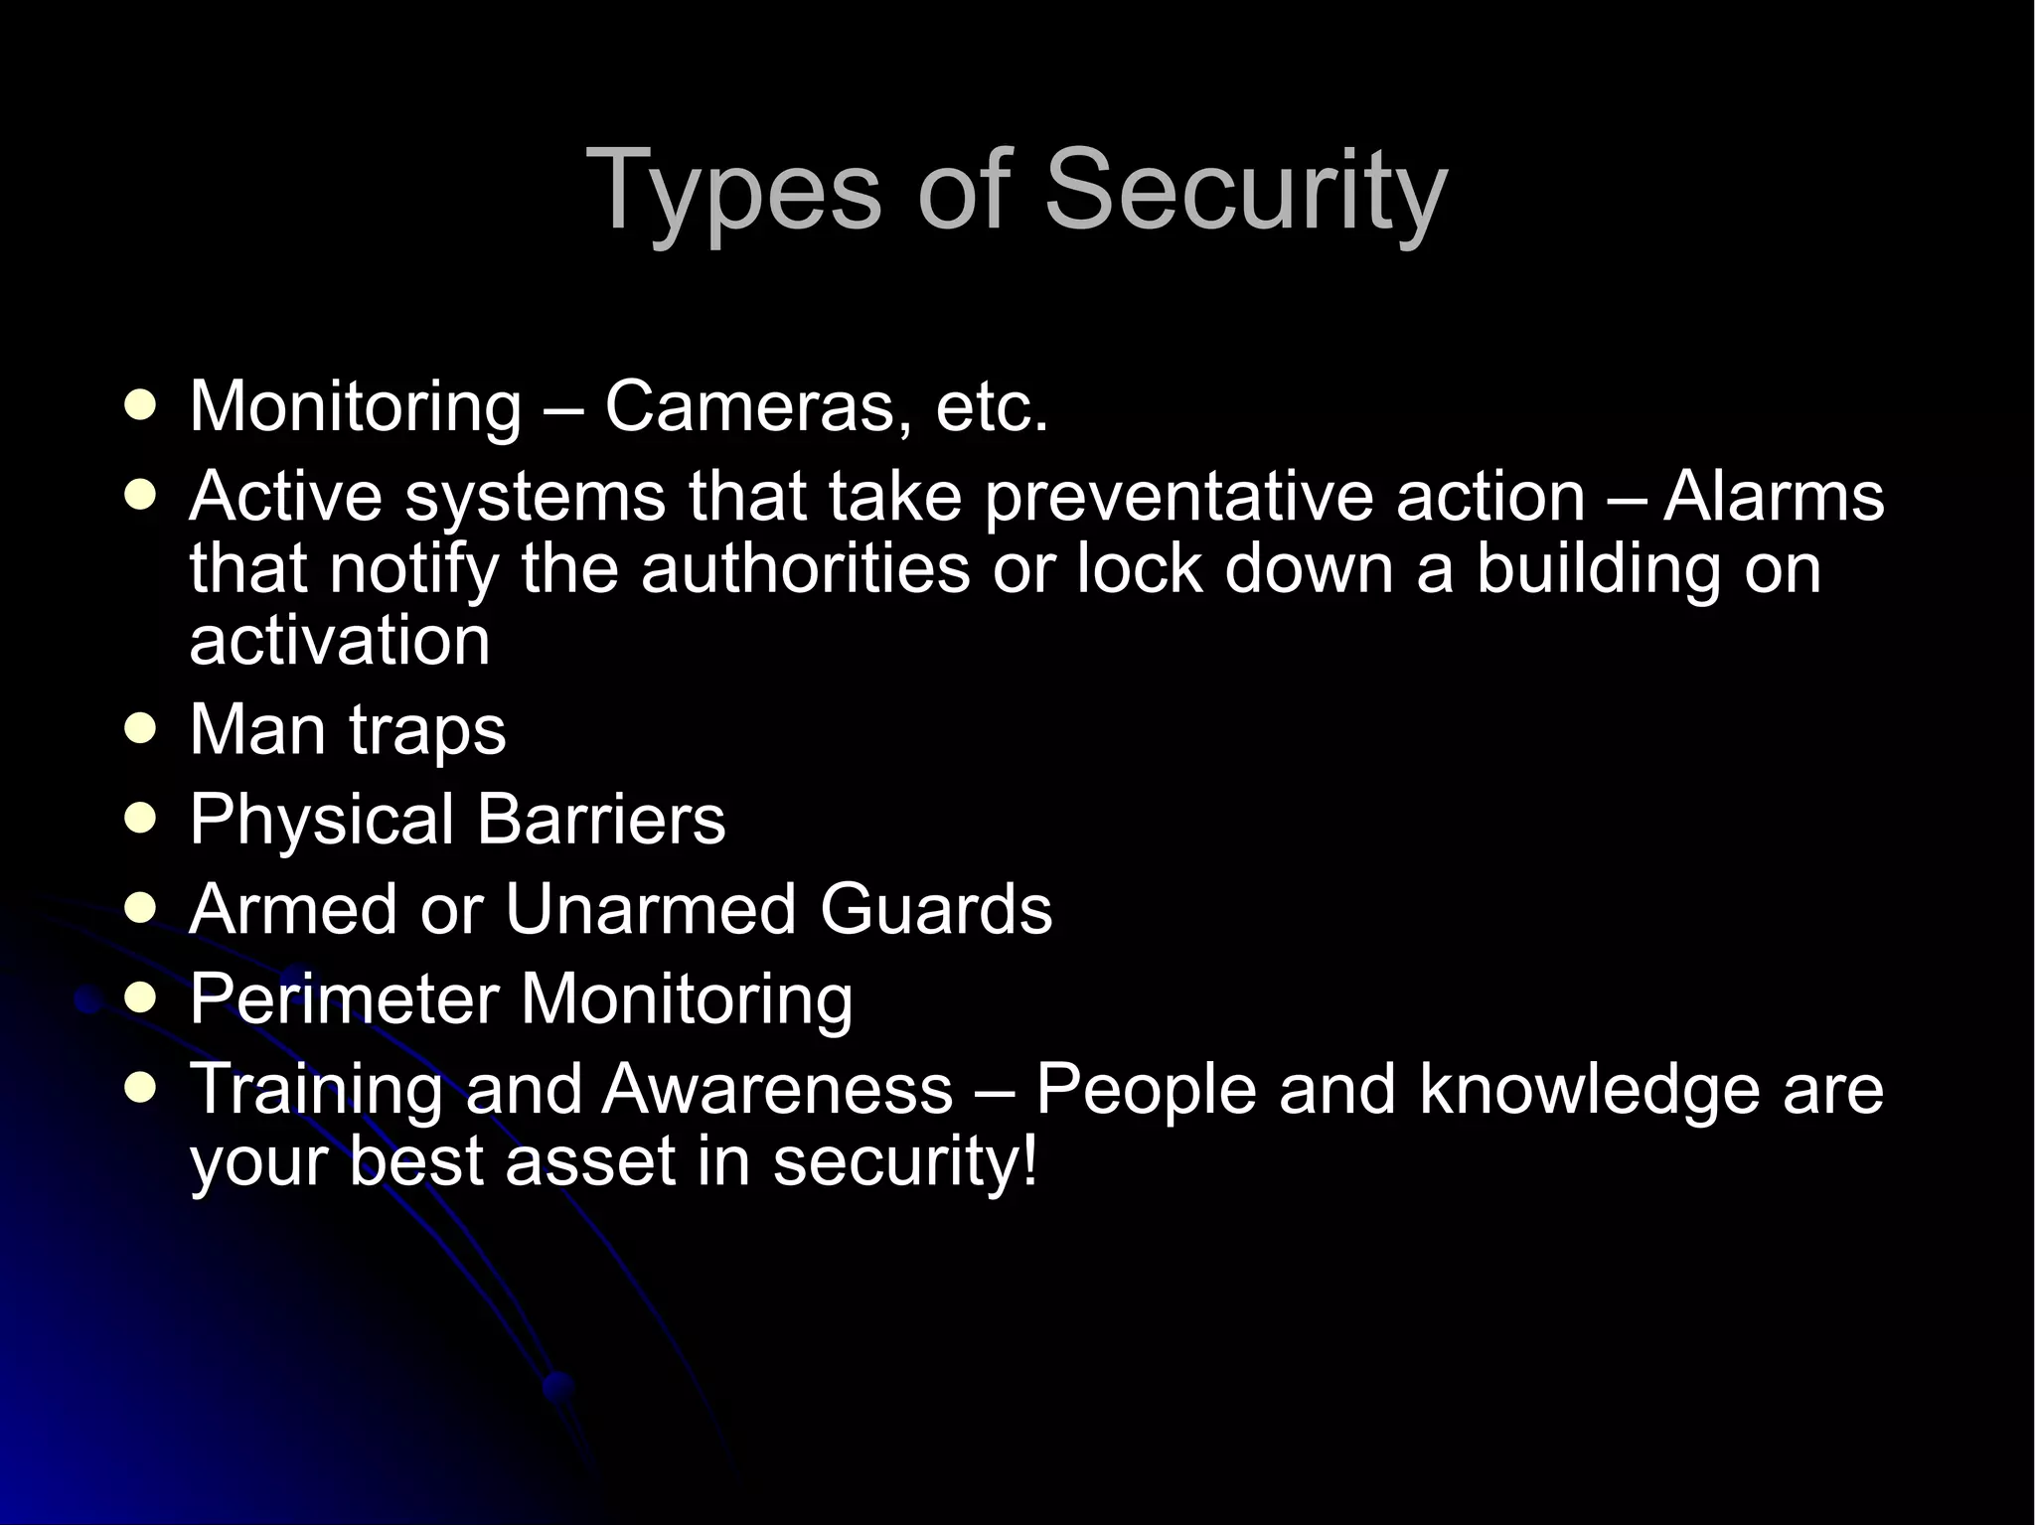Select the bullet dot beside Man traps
142,729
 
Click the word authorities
805,568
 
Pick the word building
1598,568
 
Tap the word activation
340,641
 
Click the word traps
427,730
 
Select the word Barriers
600,820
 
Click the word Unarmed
650,909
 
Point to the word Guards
935,909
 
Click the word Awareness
777,1089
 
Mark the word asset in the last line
590,1160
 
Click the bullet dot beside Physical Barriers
142,819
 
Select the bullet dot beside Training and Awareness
142,1088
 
